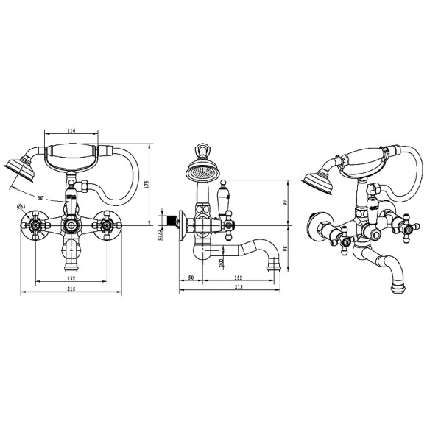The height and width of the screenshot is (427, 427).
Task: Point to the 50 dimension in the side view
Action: tap(191, 278)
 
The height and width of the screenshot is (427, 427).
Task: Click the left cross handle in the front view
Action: tap(34, 225)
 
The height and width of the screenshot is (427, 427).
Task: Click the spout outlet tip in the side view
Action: tap(277, 264)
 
